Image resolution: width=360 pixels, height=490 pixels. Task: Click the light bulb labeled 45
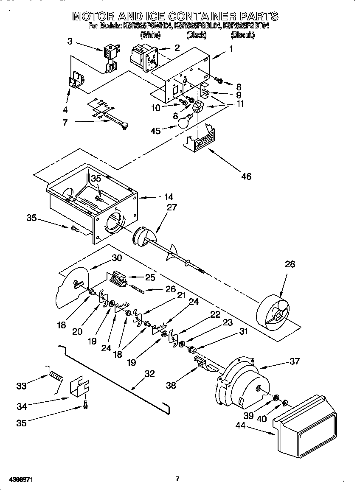click(183, 122)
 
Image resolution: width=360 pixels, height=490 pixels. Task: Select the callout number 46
click(246, 176)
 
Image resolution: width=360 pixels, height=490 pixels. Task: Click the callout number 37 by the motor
click(294, 361)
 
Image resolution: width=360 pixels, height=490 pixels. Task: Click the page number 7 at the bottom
click(178, 479)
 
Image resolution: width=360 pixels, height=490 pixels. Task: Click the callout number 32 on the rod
click(149, 374)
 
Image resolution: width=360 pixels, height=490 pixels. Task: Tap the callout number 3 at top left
click(70, 41)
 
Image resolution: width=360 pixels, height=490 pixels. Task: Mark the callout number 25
click(150, 277)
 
